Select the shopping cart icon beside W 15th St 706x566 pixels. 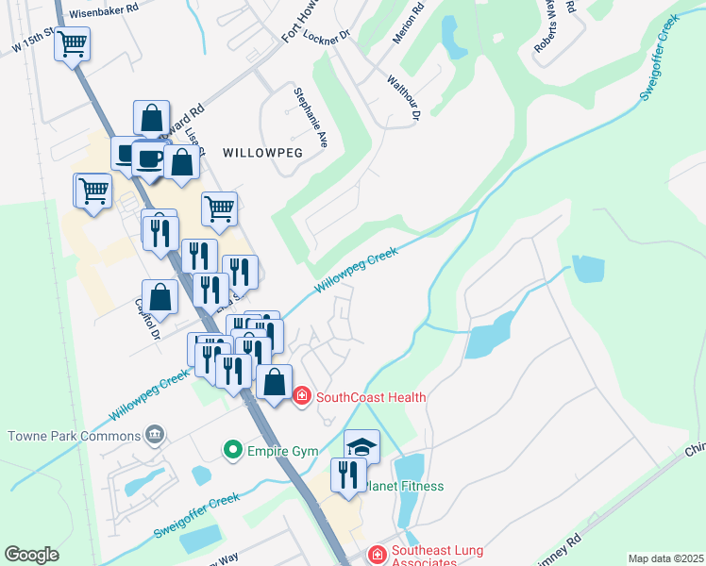[73, 43]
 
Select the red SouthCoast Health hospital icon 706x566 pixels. [302, 397]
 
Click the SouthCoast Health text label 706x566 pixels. [371, 397]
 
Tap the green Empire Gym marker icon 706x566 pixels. [232, 450]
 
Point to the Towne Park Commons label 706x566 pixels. [73, 436]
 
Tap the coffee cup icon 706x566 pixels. [148, 158]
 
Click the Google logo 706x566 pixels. [31, 554]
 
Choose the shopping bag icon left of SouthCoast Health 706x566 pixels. [274, 383]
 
